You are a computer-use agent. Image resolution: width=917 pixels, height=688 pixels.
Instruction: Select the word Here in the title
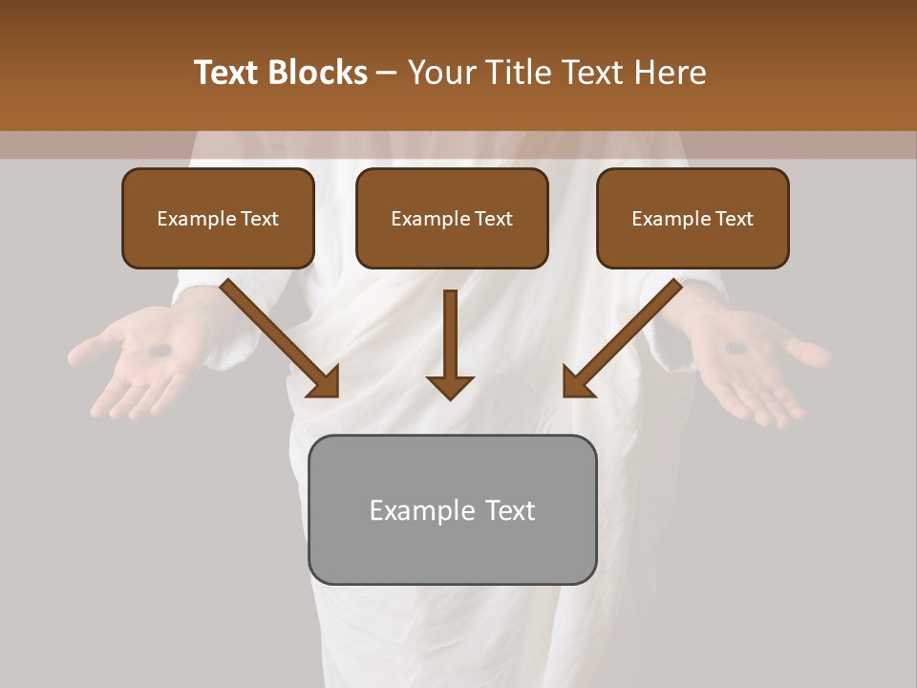pyautogui.click(x=668, y=73)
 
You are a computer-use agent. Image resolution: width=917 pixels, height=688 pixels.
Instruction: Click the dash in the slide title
pyautogui.click(x=388, y=74)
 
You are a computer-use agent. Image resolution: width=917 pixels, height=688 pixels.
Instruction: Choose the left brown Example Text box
pyautogui.click(x=218, y=219)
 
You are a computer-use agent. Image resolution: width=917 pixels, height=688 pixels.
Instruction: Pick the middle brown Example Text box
pyautogui.click(x=452, y=219)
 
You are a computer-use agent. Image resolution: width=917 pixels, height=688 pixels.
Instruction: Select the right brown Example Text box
pyautogui.click(x=693, y=219)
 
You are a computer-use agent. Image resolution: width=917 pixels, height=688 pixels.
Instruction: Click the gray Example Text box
pyautogui.click(x=452, y=509)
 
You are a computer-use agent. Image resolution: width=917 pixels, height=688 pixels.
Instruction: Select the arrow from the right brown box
pyautogui.click(x=626, y=334)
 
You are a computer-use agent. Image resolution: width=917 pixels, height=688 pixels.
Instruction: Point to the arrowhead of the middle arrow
pyautogui.click(x=450, y=386)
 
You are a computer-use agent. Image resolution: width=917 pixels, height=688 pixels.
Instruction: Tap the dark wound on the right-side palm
pyautogui.click(x=737, y=349)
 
